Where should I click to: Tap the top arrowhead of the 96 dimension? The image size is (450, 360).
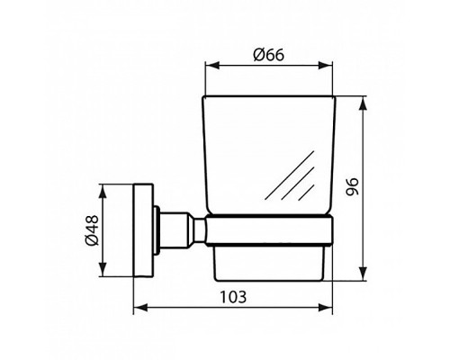click(x=362, y=98)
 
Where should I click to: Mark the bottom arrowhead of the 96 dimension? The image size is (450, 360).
click(x=362, y=275)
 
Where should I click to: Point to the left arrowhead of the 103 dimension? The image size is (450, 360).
click(x=138, y=309)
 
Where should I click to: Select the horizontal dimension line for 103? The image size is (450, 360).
click(x=180, y=309)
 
